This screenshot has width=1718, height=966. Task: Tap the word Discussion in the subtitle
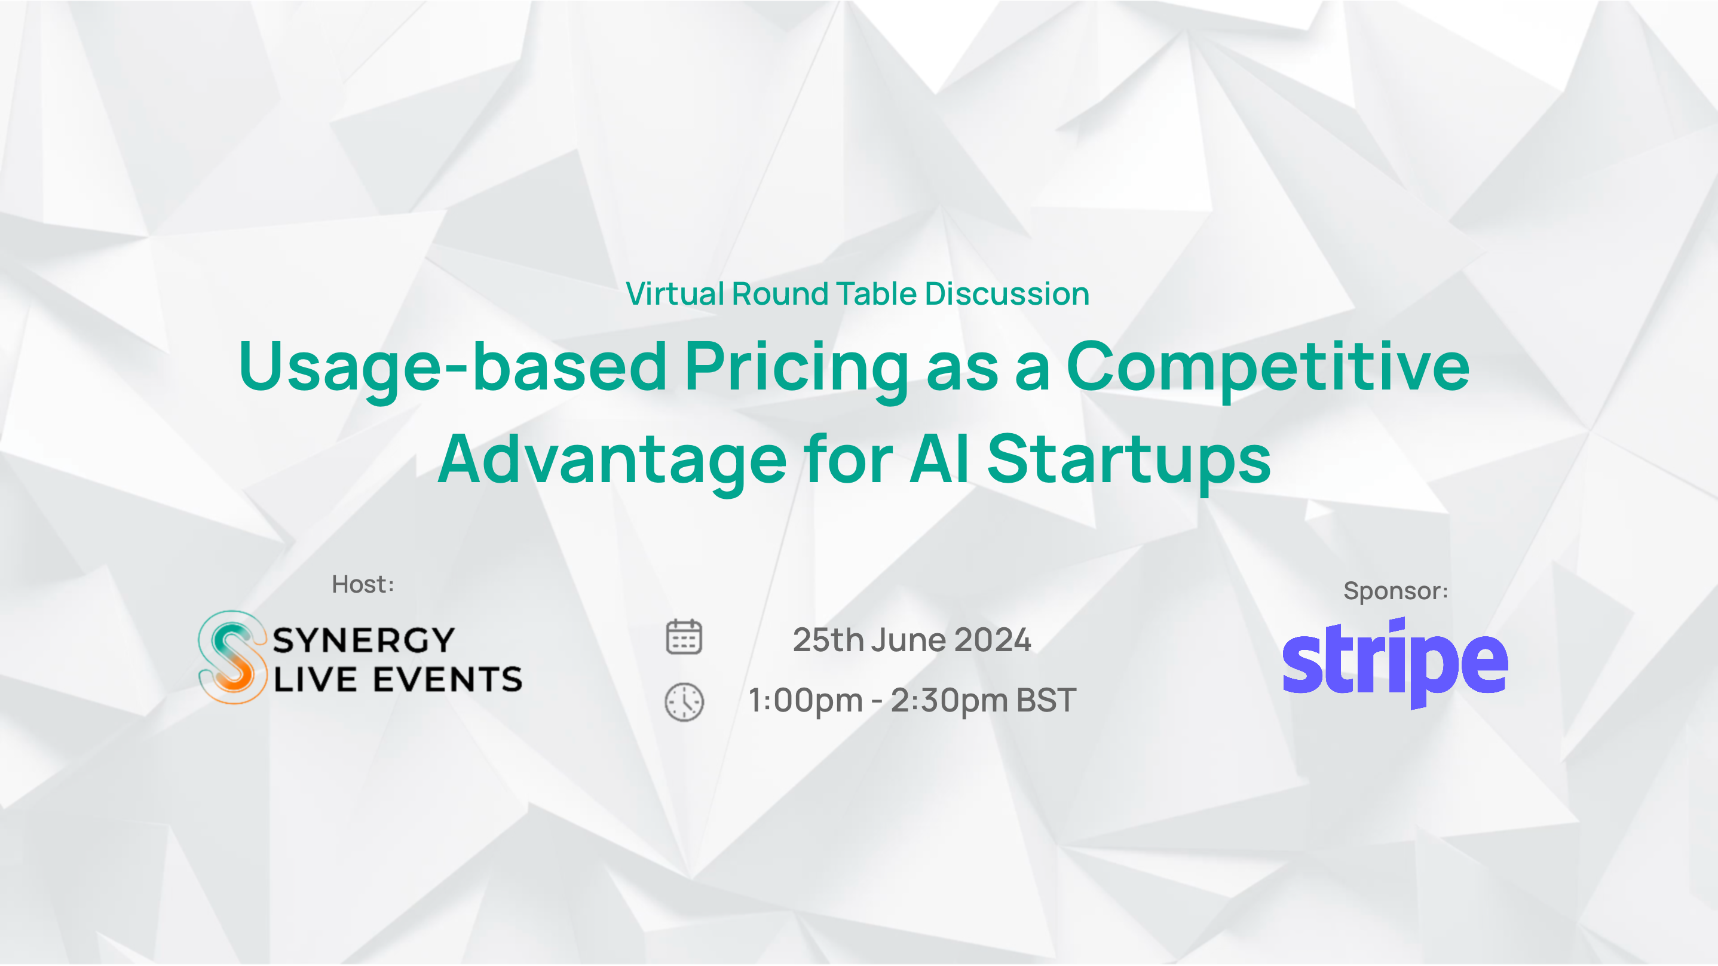(1007, 294)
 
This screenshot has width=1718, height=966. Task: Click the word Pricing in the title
(797, 369)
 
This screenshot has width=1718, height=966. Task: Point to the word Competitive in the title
(1268, 369)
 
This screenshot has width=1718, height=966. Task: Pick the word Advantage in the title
(613, 461)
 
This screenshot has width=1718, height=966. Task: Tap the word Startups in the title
(1129, 461)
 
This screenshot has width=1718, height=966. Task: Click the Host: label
(363, 585)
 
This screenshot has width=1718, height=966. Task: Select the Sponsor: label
(1395, 591)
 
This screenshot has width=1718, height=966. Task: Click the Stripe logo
(1395, 663)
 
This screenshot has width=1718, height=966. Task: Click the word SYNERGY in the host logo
(363, 640)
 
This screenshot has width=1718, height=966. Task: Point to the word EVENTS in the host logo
(448, 679)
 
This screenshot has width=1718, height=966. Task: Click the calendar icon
(684, 637)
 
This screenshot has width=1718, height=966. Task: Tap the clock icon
(684, 702)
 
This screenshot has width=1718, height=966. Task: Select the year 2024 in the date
(993, 640)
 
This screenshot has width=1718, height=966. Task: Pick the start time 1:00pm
(805, 701)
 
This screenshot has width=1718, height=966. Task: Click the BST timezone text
(1046, 701)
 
